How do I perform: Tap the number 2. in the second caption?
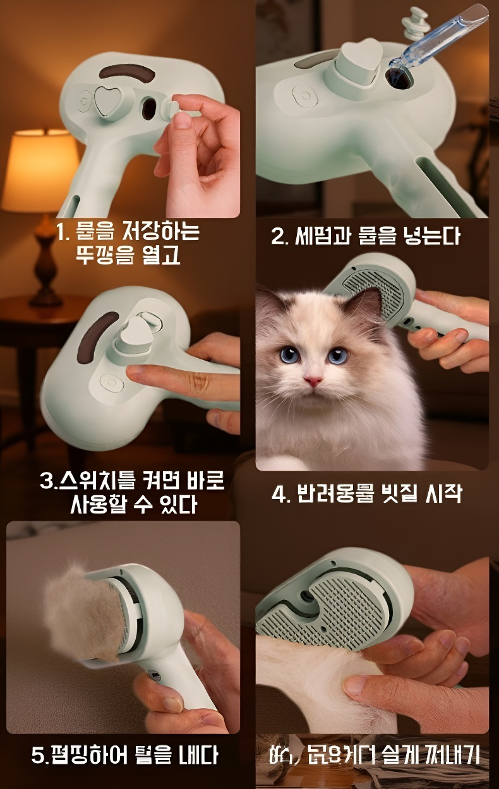(x=279, y=237)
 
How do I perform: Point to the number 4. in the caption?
(x=279, y=494)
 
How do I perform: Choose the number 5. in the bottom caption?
(x=40, y=755)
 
